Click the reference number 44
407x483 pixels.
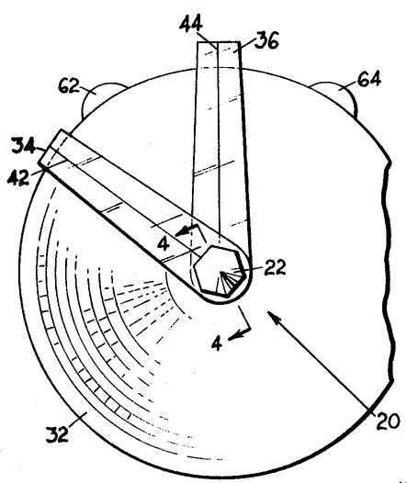(191, 24)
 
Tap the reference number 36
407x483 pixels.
(266, 40)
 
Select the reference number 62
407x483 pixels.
(69, 86)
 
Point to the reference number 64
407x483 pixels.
(369, 79)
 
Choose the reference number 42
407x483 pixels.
(18, 177)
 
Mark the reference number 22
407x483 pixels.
(275, 267)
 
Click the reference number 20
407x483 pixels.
(388, 421)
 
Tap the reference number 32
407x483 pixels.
(57, 434)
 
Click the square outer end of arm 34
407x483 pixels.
(54, 148)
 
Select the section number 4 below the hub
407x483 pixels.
(217, 343)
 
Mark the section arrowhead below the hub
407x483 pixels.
(234, 336)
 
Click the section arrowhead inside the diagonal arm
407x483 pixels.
(182, 231)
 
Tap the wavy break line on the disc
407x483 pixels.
(389, 271)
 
